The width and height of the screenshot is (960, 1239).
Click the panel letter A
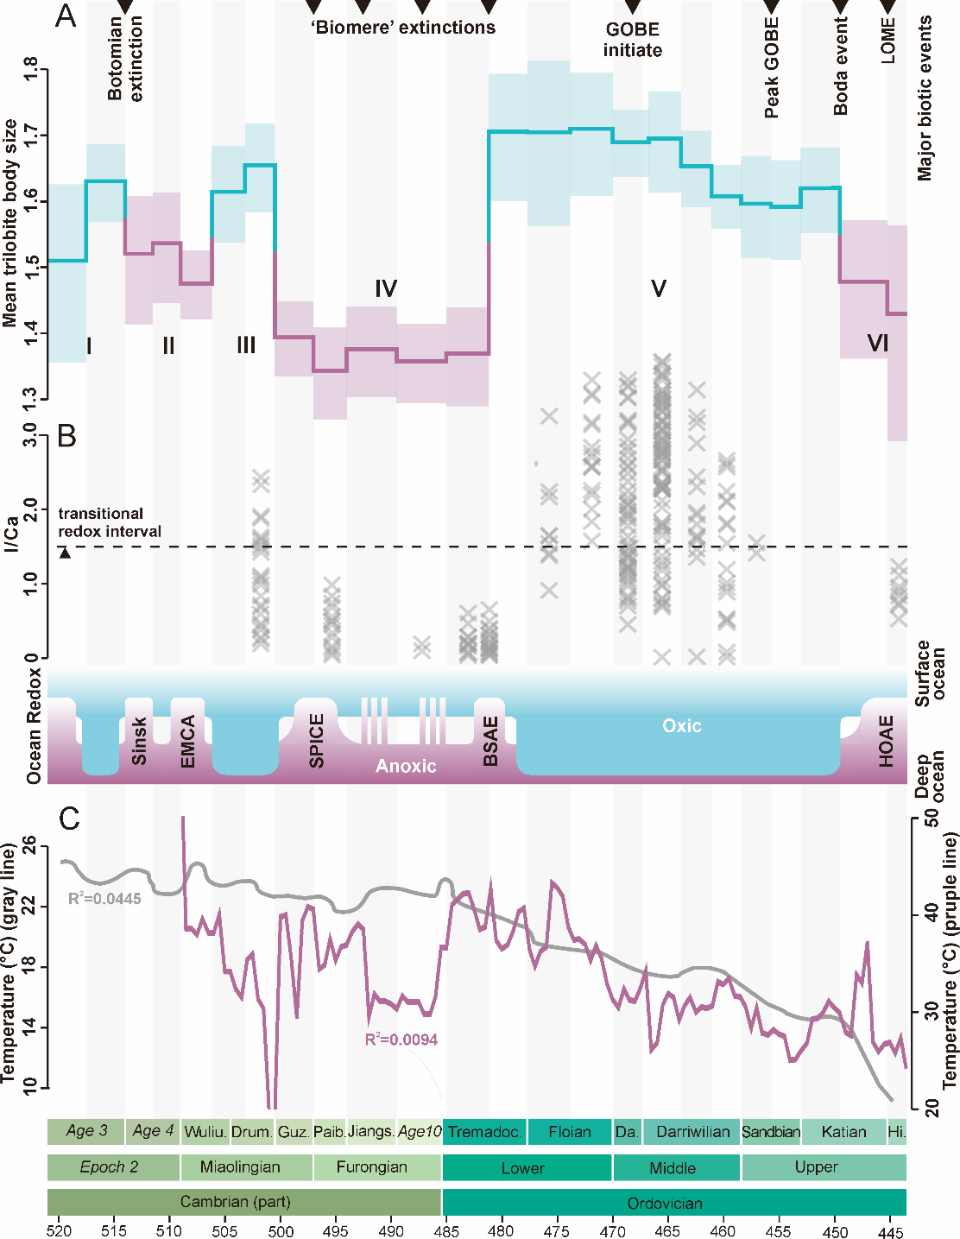click(x=66, y=16)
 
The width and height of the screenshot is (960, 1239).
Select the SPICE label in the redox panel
click(x=317, y=741)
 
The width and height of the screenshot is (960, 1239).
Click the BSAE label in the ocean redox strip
click(x=490, y=741)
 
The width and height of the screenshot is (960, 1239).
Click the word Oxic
click(x=682, y=726)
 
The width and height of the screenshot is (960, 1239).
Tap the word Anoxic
click(x=406, y=766)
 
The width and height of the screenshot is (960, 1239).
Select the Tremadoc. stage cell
click(x=484, y=1132)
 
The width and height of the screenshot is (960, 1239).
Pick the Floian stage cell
click(x=570, y=1132)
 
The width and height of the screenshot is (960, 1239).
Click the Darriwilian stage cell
click(x=692, y=1132)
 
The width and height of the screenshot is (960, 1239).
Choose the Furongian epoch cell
click(x=372, y=1167)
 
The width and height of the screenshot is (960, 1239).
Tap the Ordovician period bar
click(x=665, y=1203)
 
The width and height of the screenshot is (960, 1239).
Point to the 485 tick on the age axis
click(x=446, y=1231)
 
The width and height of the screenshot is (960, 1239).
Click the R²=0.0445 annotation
click(x=104, y=899)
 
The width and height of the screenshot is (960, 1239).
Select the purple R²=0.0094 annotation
click(x=401, y=1040)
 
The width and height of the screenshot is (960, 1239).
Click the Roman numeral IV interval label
click(x=386, y=288)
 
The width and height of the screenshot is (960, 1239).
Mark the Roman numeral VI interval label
click(x=878, y=344)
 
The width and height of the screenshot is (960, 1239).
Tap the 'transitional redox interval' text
click(x=110, y=522)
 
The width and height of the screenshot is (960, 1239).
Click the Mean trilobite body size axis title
click(x=10, y=223)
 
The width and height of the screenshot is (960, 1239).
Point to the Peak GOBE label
click(x=772, y=68)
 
